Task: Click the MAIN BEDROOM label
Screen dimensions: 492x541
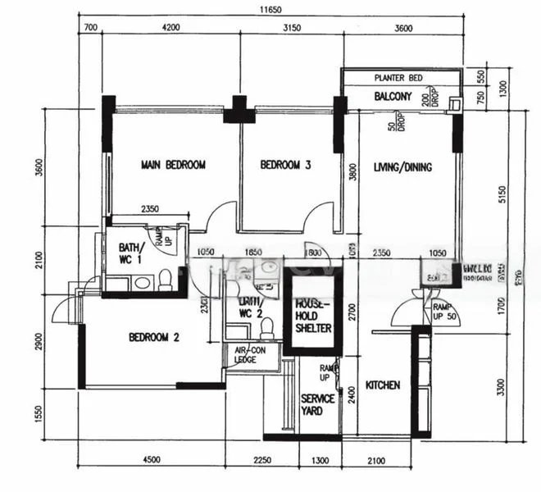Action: pyautogui.click(x=173, y=165)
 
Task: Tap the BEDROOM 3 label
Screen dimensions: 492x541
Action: pyautogui.click(x=285, y=165)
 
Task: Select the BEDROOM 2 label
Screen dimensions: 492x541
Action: pyautogui.click(x=153, y=337)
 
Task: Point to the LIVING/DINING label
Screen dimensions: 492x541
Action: pyautogui.click(x=402, y=167)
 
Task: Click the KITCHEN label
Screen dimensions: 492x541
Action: pyautogui.click(x=382, y=385)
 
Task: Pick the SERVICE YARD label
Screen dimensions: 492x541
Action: pyautogui.click(x=317, y=403)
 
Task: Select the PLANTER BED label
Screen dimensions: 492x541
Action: pyautogui.click(x=398, y=78)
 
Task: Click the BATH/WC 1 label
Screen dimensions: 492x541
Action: pyautogui.click(x=131, y=253)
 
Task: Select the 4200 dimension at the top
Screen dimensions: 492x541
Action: pyautogui.click(x=170, y=28)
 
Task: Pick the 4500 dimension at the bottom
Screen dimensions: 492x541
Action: pyautogui.click(x=148, y=459)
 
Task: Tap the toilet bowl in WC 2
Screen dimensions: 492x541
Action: pyautogui.click(x=265, y=327)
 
